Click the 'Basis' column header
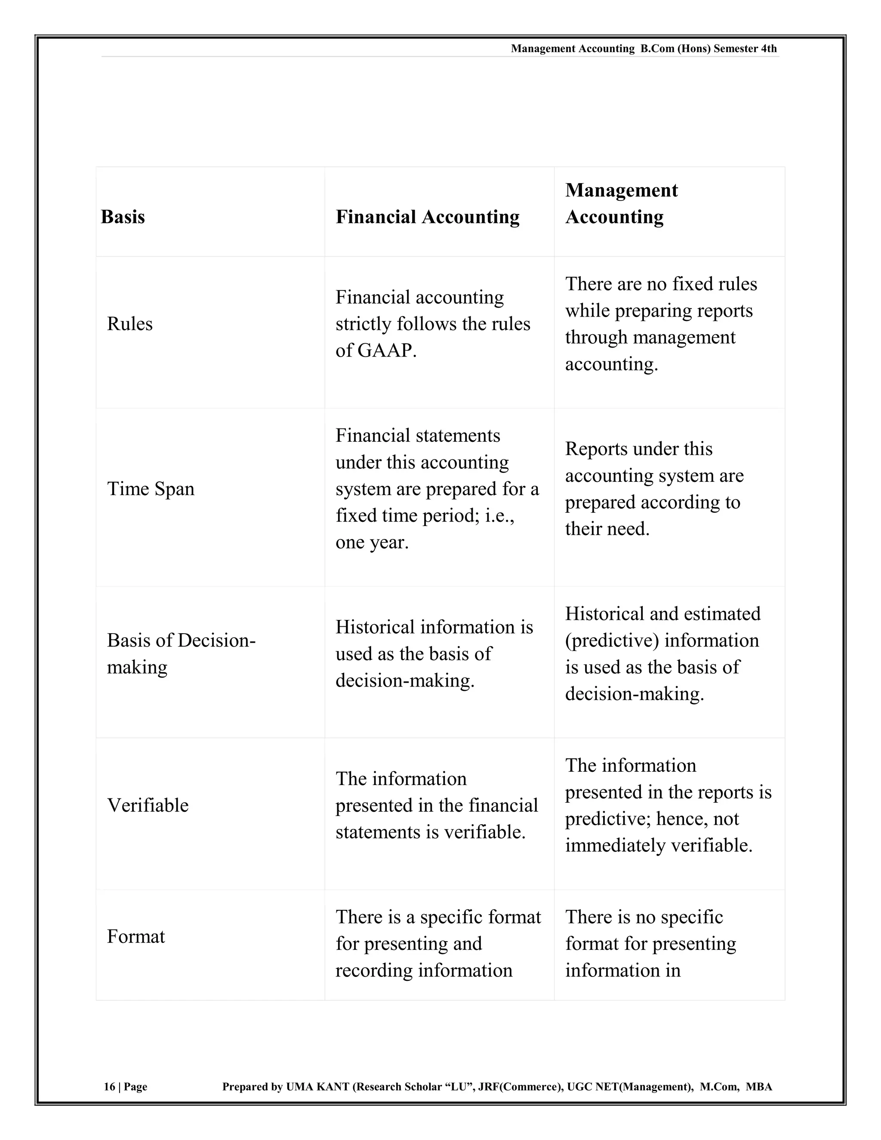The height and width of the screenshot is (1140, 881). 123,217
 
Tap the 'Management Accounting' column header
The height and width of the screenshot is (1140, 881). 621,203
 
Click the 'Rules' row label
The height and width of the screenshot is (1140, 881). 129,324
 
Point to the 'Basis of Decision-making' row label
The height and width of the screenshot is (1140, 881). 181,653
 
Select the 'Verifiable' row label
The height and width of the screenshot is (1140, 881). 148,805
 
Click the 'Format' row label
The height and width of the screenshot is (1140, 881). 136,937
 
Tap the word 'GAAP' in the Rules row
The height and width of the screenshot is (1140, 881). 385,350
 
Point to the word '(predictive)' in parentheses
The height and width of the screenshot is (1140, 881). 612,641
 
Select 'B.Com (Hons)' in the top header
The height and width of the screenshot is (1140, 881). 675,49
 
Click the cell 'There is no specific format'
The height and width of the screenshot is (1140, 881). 650,944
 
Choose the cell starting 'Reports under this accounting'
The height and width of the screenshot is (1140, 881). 653,489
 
